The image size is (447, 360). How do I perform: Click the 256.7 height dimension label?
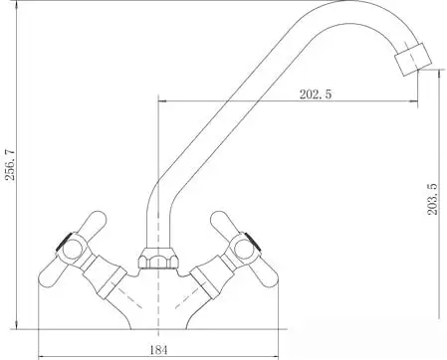[11, 165]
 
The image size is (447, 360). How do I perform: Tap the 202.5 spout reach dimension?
[316, 94]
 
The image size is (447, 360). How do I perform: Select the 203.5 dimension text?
[432, 199]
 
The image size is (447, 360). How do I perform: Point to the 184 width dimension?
[158, 349]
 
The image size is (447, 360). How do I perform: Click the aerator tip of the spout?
[413, 60]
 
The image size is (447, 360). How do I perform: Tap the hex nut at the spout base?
[158, 258]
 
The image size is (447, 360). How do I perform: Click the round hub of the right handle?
[244, 250]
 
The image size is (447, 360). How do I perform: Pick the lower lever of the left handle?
[53, 274]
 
